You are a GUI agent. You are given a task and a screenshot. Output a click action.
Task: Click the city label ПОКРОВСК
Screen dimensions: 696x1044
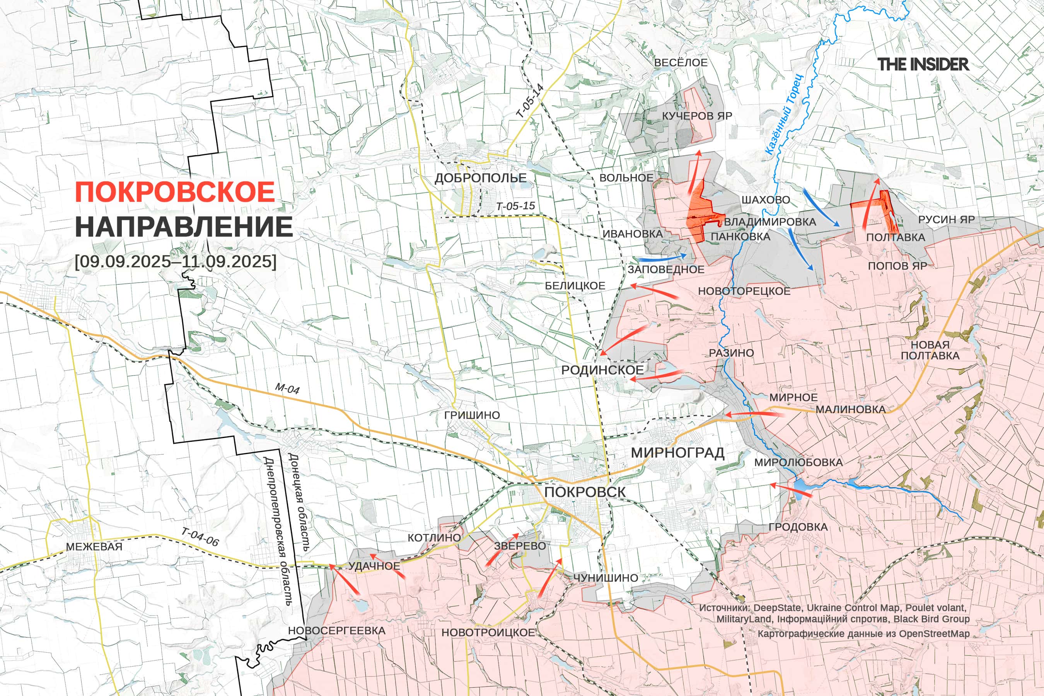(585, 492)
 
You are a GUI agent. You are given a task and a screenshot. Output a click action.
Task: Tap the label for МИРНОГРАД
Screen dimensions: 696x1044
(677, 453)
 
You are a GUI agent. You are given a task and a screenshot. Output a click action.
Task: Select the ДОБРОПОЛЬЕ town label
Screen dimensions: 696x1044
(480, 178)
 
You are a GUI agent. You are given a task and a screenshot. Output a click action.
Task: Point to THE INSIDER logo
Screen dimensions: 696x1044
(923, 64)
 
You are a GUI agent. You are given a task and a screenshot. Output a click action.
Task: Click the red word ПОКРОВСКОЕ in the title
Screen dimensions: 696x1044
(175, 192)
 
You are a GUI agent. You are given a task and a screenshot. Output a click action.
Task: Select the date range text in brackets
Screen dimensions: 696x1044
(175, 261)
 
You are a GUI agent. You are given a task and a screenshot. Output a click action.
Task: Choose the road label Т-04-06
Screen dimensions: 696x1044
(200, 537)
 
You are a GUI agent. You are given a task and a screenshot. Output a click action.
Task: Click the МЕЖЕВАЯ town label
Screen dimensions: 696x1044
(94, 546)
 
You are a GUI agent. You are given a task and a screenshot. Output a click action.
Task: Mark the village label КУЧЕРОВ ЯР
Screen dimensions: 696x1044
(697, 116)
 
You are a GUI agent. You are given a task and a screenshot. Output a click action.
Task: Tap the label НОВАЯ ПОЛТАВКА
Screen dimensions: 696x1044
(930, 350)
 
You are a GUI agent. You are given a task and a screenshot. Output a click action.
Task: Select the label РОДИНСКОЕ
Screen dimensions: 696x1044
(602, 370)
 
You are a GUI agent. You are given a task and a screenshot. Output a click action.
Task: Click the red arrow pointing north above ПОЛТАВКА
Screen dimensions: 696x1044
(870, 204)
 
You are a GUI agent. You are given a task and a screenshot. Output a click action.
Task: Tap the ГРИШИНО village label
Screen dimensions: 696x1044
(472, 415)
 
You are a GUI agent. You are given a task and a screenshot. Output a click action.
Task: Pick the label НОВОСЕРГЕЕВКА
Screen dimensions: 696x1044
(336, 631)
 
